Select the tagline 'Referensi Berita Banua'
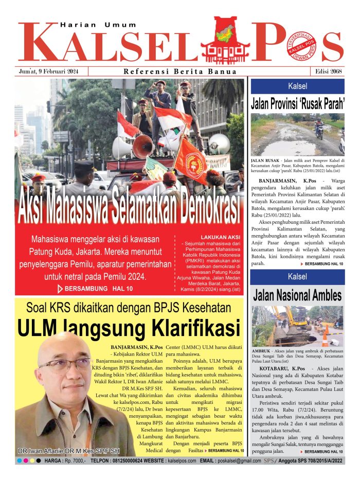click(x=180, y=72)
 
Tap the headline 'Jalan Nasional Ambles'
click(x=298, y=295)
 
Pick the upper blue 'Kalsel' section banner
click(x=298, y=86)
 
